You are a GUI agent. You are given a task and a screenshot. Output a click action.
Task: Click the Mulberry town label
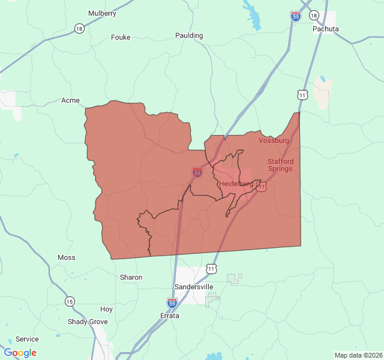(x=102, y=13)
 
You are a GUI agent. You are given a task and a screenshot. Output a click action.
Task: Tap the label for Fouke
(x=121, y=37)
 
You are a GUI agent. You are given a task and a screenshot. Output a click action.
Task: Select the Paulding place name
(x=189, y=35)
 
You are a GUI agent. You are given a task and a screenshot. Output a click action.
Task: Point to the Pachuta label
(x=326, y=29)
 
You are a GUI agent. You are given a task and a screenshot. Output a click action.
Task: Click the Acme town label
(x=70, y=100)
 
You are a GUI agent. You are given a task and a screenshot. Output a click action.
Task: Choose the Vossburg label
(x=274, y=140)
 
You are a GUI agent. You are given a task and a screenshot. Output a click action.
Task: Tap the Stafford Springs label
(x=280, y=165)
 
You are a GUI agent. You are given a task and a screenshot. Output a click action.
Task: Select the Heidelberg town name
(x=236, y=183)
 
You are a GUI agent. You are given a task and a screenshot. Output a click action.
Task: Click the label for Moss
(x=67, y=257)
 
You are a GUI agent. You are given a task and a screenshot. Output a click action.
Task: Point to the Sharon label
(x=131, y=277)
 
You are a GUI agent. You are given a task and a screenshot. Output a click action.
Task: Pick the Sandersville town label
(x=193, y=287)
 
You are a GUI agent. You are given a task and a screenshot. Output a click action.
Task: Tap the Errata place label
(x=169, y=316)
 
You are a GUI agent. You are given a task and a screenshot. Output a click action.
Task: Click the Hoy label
(x=106, y=309)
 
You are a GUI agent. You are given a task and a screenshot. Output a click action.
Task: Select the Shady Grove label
(x=88, y=322)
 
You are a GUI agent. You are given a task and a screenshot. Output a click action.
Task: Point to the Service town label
(x=27, y=339)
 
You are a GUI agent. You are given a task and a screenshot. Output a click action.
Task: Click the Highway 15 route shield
(x=70, y=301)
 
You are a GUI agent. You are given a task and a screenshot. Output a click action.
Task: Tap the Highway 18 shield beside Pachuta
(x=314, y=15)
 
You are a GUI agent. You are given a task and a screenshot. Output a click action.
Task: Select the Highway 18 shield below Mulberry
(x=79, y=28)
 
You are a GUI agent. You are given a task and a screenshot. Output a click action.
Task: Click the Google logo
(x=20, y=353)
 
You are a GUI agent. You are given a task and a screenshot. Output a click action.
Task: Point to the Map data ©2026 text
(x=358, y=355)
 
